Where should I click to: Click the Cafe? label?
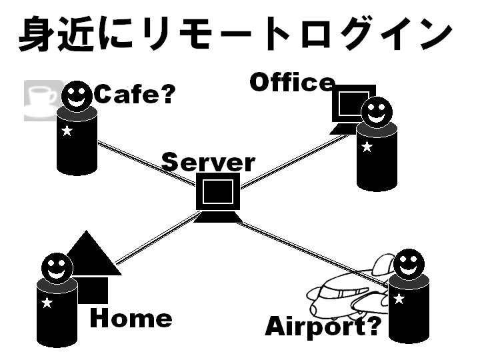134,95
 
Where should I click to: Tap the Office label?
291,82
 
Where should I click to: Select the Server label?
208,162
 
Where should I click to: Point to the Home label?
131,319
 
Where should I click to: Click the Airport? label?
323,327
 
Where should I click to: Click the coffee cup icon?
41,100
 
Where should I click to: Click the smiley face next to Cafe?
77,96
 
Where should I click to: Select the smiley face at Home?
57,267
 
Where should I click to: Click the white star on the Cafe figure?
67,131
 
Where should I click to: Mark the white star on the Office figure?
367,146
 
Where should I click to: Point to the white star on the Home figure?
47,303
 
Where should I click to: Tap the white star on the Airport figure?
399,298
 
